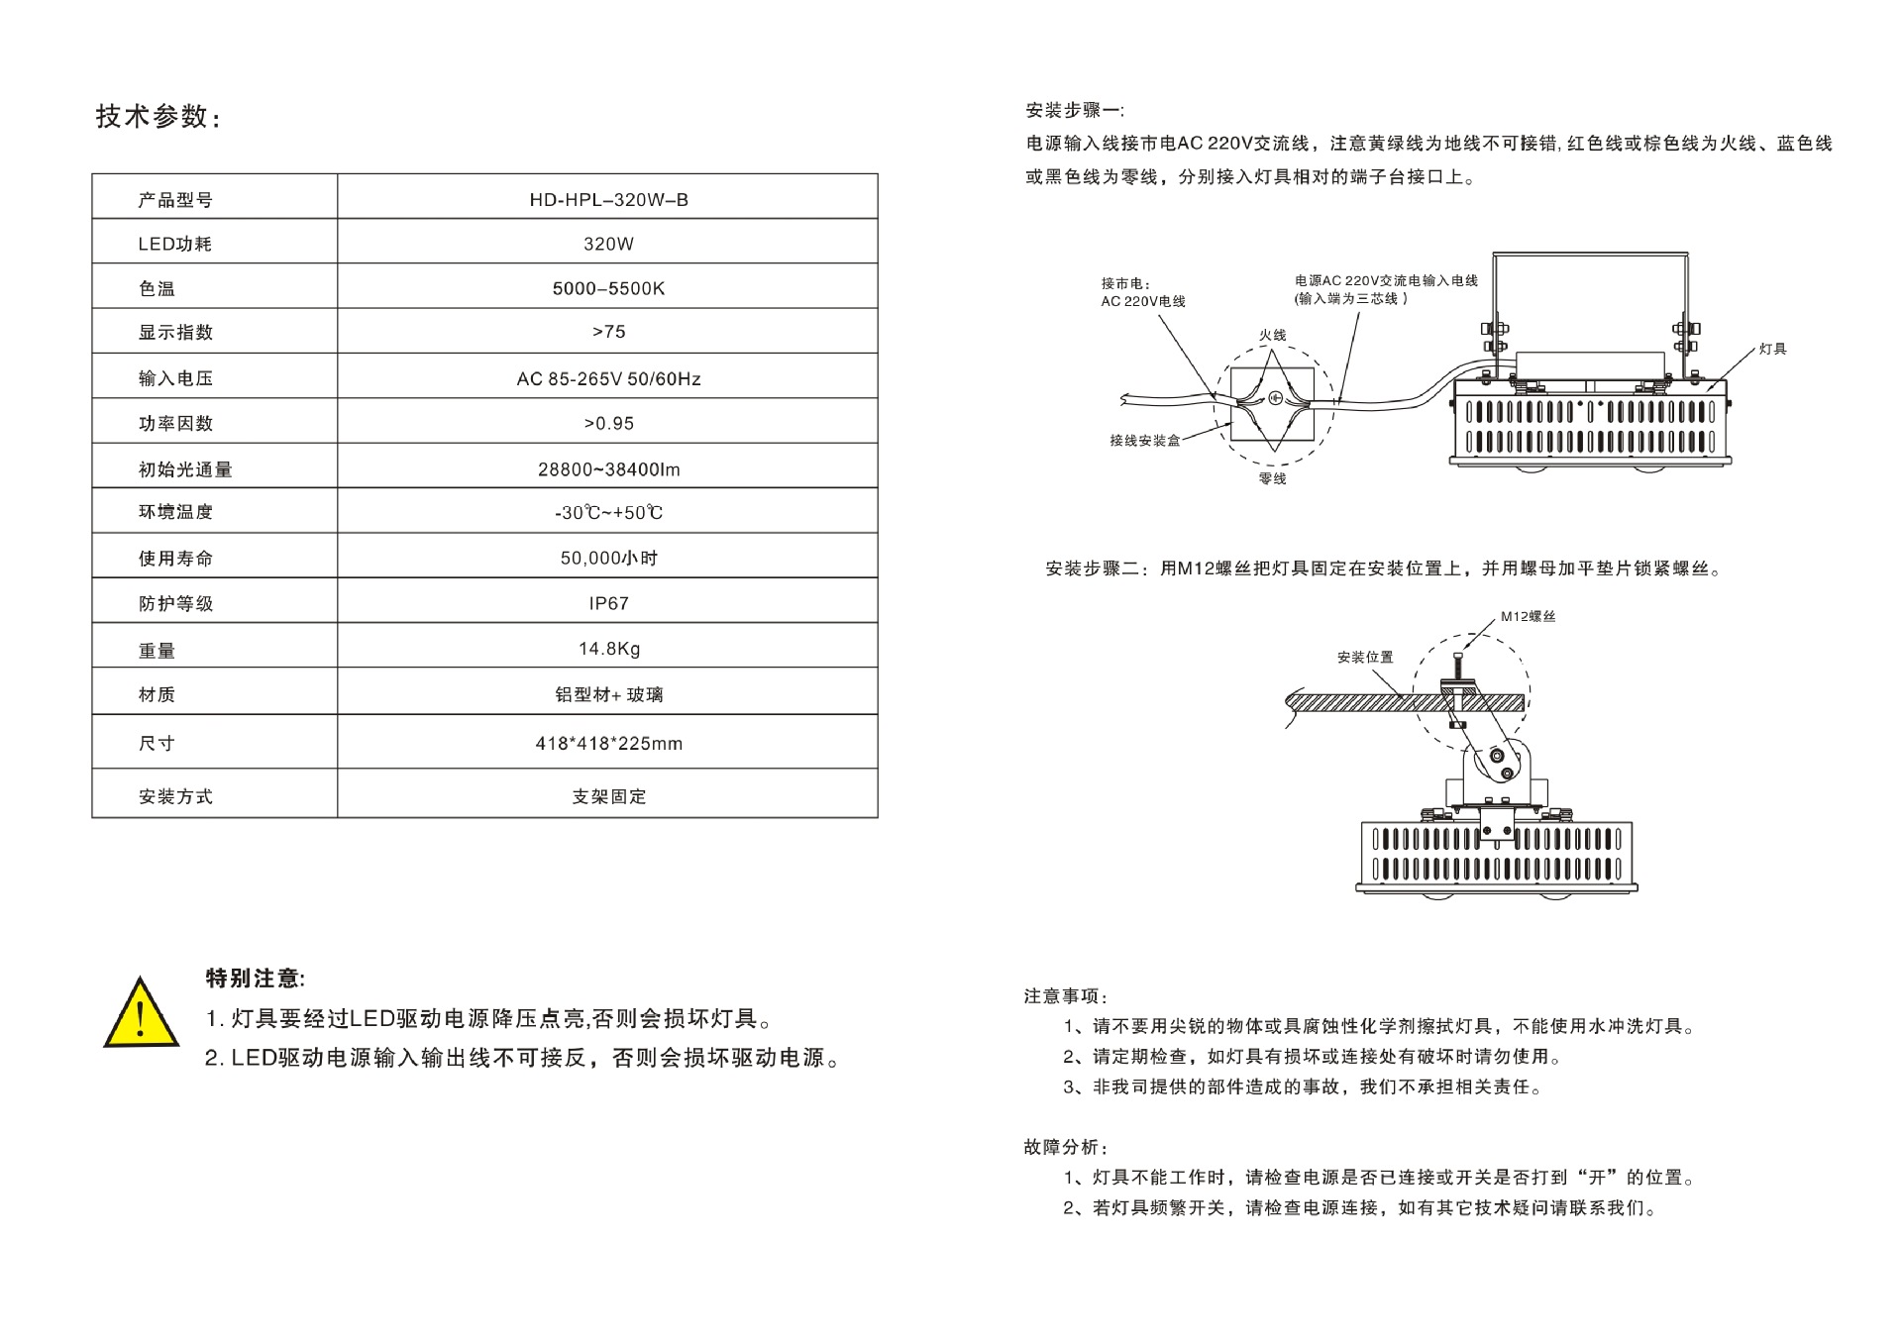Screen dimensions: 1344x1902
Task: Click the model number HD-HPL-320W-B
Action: pyautogui.click(x=608, y=199)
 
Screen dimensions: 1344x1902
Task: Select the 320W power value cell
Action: pyautogui.click(x=608, y=244)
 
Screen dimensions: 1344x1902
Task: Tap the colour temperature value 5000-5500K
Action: pyautogui.click(x=608, y=288)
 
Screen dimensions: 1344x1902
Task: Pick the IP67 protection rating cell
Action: pyautogui.click(x=608, y=603)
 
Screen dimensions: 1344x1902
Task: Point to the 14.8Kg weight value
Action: pyautogui.click(x=608, y=649)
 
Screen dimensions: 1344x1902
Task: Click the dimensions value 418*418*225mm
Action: pyautogui.click(x=608, y=743)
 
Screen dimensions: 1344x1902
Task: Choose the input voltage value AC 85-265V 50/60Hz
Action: pyautogui.click(x=608, y=378)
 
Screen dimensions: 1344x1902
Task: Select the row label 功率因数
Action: pyautogui.click(x=175, y=424)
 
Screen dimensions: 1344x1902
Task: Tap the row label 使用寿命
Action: pyautogui.click(x=175, y=559)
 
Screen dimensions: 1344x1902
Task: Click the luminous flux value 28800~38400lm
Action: pyautogui.click(x=608, y=469)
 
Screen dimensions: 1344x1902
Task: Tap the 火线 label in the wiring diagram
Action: pyautogui.click(x=1272, y=335)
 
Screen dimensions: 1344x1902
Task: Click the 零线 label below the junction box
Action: pyautogui.click(x=1272, y=478)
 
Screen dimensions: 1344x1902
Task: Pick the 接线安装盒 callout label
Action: pyautogui.click(x=1144, y=440)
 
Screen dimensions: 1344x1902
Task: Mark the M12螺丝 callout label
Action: pyautogui.click(x=1528, y=616)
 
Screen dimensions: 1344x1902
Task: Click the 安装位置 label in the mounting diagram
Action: pyautogui.click(x=1365, y=657)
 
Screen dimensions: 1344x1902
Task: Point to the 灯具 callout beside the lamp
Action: pyautogui.click(x=1772, y=349)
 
